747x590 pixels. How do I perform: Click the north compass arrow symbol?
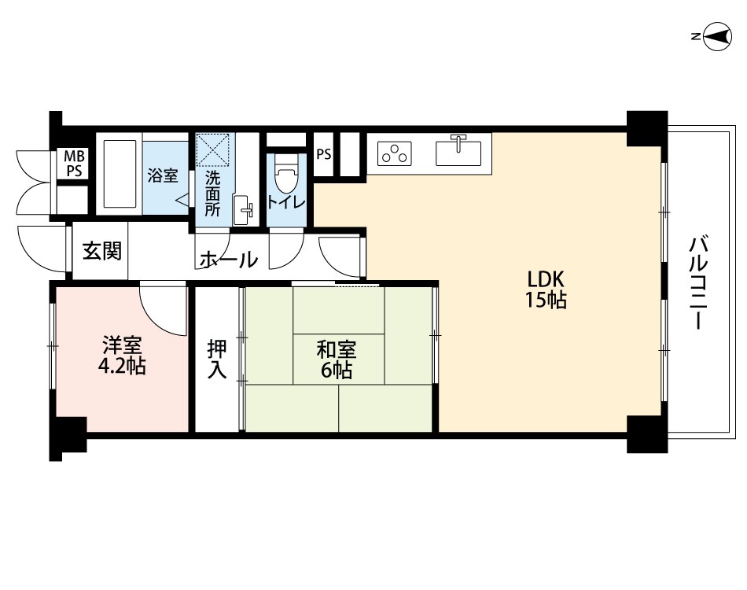(x=715, y=36)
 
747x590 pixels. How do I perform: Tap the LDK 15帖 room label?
(x=546, y=289)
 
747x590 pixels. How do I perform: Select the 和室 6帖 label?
(x=337, y=360)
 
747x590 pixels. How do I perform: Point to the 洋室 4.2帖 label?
(x=122, y=355)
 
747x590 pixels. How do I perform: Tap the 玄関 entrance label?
(x=102, y=251)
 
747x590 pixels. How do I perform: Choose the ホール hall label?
(x=229, y=260)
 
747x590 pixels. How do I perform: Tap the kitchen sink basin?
(x=458, y=151)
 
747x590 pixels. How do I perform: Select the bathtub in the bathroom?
(x=120, y=174)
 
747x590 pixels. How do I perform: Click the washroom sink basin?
(x=243, y=210)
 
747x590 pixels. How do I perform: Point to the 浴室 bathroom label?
(x=163, y=175)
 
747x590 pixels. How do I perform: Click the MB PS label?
(x=74, y=164)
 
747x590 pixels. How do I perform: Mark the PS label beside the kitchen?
(x=324, y=154)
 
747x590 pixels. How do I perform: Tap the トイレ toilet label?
(x=286, y=202)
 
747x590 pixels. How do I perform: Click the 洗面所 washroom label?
(x=212, y=194)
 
